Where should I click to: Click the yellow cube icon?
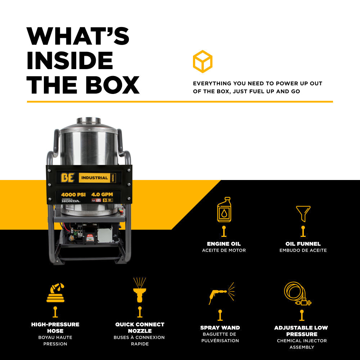coord(202,61)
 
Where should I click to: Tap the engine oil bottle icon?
coord(224,210)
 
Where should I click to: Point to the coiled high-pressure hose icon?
coord(55,293)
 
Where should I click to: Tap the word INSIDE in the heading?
coord(70,60)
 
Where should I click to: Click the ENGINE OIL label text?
coord(224,244)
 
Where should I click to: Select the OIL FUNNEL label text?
coord(303,244)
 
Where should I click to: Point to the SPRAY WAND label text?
coord(220,328)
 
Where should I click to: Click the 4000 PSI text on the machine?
coord(73,194)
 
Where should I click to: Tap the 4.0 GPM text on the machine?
coord(102,194)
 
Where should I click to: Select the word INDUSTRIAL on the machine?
coord(94,177)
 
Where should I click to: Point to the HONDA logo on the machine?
coord(71,201)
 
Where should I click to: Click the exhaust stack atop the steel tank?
coord(89,120)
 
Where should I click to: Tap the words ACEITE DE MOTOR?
coord(224,250)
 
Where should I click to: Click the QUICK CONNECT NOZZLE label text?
coord(140,328)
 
